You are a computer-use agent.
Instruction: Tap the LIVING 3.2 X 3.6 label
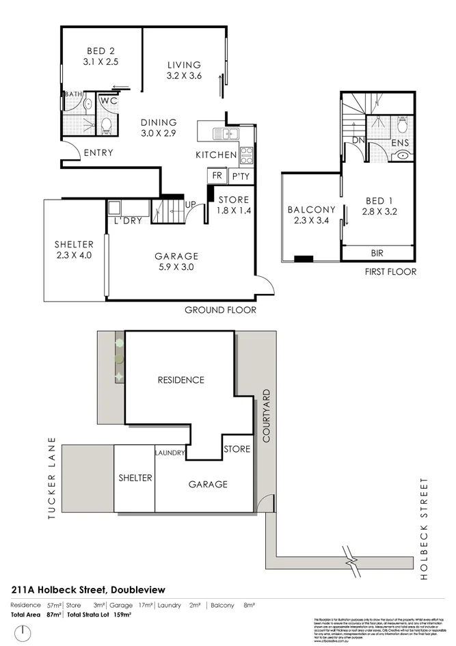(x=185, y=70)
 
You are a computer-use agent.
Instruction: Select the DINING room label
(x=159, y=128)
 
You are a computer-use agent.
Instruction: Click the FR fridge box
(x=217, y=176)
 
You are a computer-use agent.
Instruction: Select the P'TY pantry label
(x=240, y=176)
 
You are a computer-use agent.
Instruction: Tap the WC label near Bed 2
(x=107, y=100)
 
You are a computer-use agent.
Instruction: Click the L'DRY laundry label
(x=127, y=221)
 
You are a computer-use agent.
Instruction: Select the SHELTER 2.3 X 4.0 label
(x=72, y=250)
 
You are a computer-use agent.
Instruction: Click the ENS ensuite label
(x=401, y=143)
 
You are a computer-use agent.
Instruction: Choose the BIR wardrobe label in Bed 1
(x=377, y=253)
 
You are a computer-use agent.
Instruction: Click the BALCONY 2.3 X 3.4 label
(x=311, y=215)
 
